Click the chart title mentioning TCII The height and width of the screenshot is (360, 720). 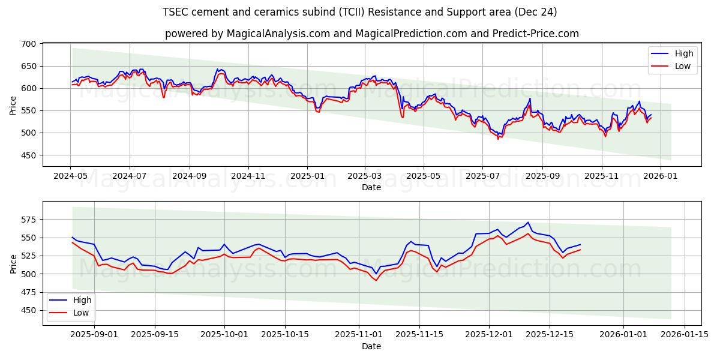point(359,12)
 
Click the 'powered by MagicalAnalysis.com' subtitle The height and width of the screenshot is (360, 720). point(371,34)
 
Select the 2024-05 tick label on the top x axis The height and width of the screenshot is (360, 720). point(71,176)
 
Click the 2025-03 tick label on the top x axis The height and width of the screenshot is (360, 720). point(365,176)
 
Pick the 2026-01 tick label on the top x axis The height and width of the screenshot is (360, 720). point(660,176)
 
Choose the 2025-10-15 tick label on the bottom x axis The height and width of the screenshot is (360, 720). point(286,335)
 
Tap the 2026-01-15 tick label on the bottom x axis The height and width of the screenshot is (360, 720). point(684,335)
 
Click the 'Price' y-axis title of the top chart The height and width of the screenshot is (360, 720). point(13,105)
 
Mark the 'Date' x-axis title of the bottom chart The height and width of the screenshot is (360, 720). point(371,346)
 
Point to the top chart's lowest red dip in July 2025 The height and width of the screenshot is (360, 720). point(498,139)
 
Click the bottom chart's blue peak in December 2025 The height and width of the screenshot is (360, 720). point(527,223)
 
